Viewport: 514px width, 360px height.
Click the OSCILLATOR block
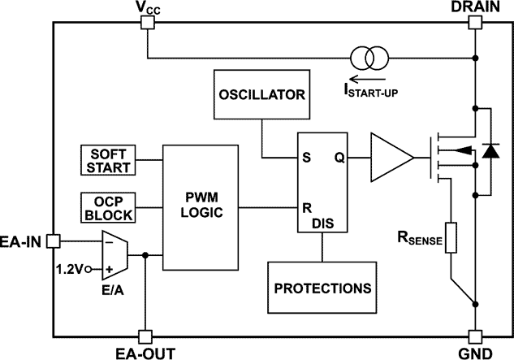[x=261, y=93]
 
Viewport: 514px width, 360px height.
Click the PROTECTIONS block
[x=322, y=288]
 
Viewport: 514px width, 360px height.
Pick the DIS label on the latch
[x=322, y=222]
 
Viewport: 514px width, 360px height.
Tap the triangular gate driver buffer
[x=390, y=158]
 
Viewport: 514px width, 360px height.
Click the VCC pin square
[x=147, y=23]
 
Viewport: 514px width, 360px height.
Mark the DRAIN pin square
[x=474, y=23]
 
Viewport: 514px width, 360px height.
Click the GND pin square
[x=474, y=336]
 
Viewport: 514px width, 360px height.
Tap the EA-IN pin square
[x=54, y=241]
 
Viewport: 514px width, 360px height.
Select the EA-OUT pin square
[x=145, y=336]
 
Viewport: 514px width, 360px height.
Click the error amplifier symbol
[x=114, y=254]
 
